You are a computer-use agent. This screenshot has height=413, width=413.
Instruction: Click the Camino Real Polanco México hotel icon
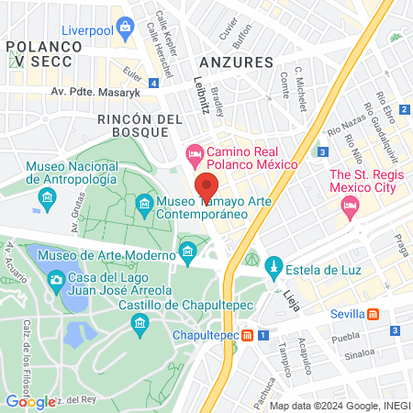coord(194,151)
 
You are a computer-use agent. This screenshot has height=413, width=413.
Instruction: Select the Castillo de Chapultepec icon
coord(140,322)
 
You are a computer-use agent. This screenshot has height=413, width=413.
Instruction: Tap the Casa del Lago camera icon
coord(56,279)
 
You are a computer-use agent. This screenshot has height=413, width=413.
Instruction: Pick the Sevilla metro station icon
coord(373,314)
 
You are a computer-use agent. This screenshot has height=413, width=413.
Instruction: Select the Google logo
coord(30,401)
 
